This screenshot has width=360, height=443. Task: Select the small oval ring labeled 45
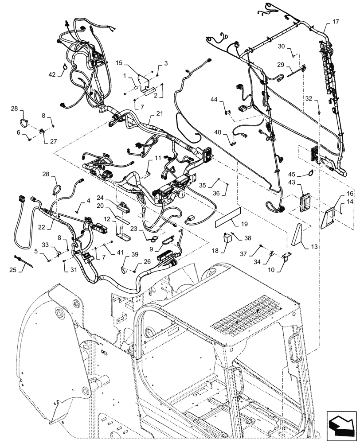(311, 173)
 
